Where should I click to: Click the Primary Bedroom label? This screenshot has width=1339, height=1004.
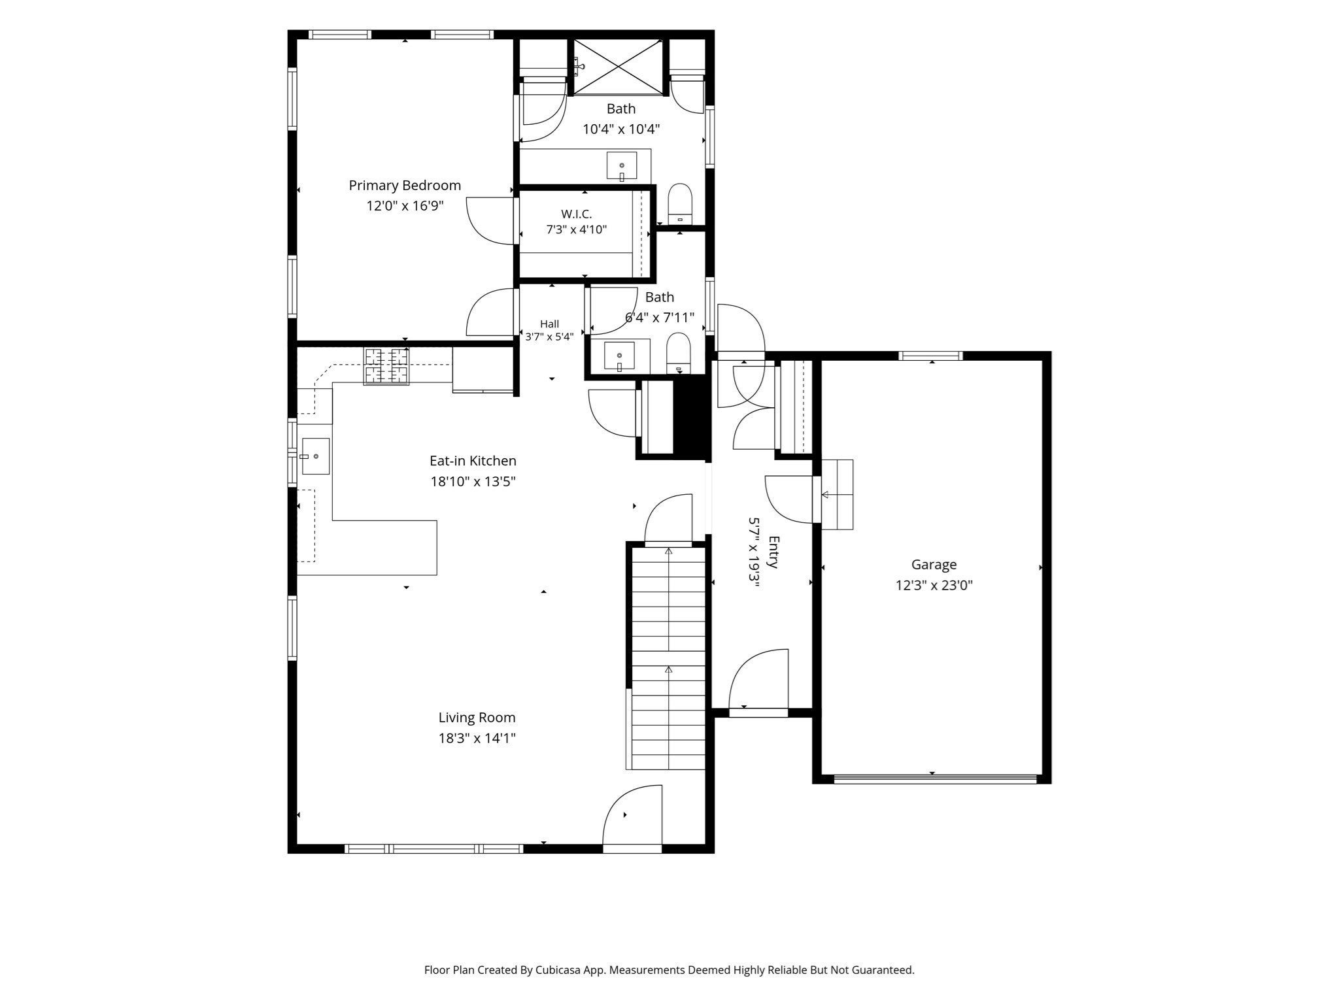[x=405, y=186]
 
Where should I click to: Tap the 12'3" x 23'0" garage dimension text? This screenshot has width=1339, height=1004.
[x=934, y=585]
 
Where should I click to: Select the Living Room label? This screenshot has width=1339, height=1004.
[x=477, y=718]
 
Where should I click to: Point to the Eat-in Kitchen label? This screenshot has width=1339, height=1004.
[x=473, y=461]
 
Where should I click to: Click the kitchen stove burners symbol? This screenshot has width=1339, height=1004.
[x=386, y=366]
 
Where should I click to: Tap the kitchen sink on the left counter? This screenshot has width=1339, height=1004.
[x=315, y=456]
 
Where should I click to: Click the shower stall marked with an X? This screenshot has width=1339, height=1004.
[x=619, y=67]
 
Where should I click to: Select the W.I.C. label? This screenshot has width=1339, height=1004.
[x=576, y=214]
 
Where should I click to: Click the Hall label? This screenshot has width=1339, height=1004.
[x=549, y=324]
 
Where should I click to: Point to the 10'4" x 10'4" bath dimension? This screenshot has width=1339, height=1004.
[x=621, y=129]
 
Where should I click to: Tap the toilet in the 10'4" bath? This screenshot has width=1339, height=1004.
[x=680, y=204]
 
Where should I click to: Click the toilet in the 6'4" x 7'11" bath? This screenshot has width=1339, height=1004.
[x=679, y=354]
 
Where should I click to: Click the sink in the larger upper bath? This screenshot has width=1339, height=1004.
[x=621, y=166]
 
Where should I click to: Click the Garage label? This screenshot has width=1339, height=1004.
[x=934, y=564]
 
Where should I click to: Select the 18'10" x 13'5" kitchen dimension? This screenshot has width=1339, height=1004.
[x=473, y=482]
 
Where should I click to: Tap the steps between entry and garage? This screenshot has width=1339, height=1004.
[x=837, y=495]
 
